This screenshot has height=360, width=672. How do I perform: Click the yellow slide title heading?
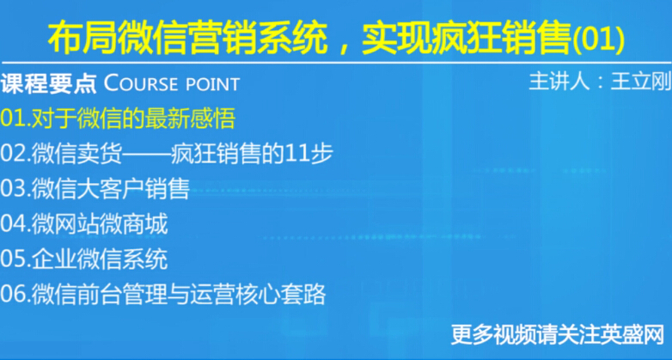336,40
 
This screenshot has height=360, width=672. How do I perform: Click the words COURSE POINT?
172,84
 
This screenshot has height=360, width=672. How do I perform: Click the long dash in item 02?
146,155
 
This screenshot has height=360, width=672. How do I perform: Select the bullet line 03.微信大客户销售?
95,188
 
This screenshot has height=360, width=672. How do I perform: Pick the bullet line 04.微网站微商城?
84,224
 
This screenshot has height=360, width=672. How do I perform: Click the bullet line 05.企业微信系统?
84,259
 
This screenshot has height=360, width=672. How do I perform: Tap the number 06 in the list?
13,295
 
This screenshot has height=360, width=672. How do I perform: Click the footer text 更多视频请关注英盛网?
558,334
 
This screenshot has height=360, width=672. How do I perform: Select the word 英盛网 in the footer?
632,334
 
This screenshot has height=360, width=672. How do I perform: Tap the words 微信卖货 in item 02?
77,154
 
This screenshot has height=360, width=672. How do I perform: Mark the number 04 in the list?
13,224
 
